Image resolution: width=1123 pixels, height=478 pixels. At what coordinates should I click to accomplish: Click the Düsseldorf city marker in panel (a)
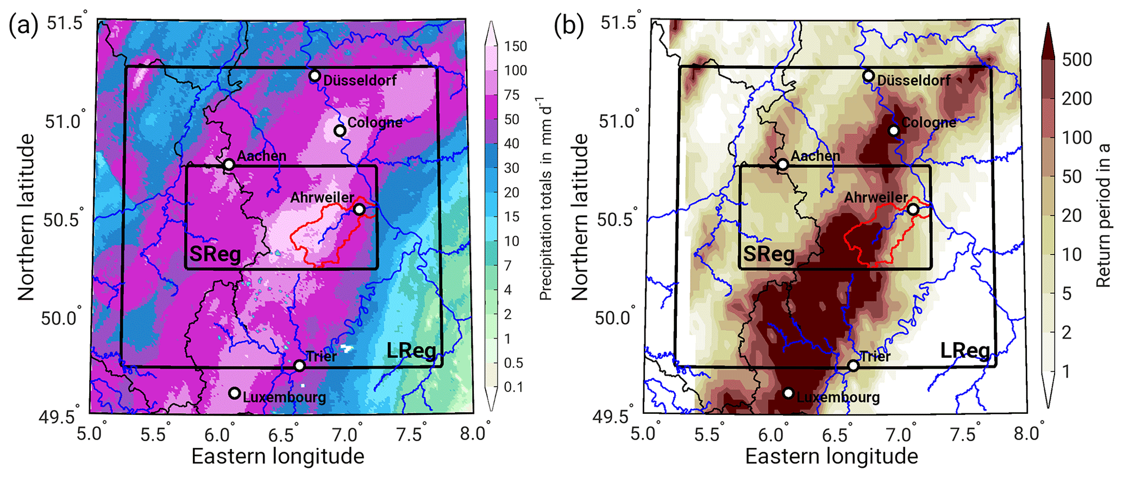[x=315, y=76]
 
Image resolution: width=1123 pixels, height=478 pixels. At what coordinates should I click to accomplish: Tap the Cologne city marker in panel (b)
[x=894, y=131]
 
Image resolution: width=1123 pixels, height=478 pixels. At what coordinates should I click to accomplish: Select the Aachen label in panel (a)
[x=262, y=156]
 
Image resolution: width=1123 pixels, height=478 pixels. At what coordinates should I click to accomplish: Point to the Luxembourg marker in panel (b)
[x=788, y=393]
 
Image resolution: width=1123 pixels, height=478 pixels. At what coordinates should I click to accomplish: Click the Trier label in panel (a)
[x=321, y=356]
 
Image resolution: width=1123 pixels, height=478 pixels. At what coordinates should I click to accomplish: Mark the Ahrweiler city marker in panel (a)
[x=359, y=209]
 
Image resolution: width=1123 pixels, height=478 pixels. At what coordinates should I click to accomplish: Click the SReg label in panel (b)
[x=768, y=254]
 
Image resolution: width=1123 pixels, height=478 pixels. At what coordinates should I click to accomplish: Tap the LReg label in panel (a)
[x=411, y=351]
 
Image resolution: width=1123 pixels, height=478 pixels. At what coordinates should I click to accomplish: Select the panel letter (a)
[x=23, y=26]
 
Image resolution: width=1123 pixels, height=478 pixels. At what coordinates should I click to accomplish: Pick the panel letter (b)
[x=568, y=26]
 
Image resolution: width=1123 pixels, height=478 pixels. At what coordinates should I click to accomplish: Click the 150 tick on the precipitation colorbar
[x=515, y=46]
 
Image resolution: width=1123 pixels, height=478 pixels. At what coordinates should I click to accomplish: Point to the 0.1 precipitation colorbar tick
[x=513, y=387]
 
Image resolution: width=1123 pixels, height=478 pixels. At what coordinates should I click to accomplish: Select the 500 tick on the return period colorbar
[x=1076, y=59]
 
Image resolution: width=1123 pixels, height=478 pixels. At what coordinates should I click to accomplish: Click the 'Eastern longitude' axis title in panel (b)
[x=831, y=456]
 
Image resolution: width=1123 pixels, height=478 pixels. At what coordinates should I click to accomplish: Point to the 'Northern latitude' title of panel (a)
[x=26, y=218]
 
